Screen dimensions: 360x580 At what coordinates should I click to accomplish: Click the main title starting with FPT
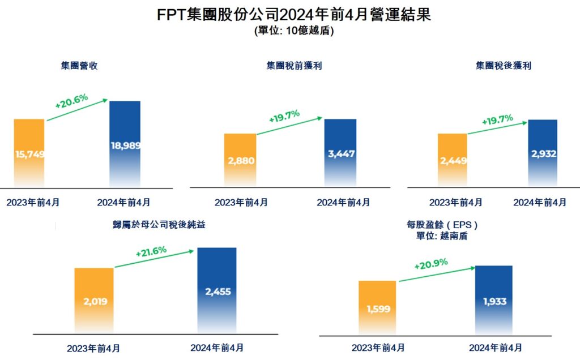(x=294, y=15)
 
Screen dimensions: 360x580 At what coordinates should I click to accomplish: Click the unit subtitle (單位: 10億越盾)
(x=294, y=31)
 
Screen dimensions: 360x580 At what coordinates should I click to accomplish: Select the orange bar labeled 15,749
(x=29, y=153)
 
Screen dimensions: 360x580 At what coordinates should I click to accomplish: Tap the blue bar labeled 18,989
(x=125, y=144)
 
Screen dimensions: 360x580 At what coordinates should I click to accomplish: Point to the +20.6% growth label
(x=71, y=101)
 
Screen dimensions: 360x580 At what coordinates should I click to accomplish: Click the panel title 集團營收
(x=79, y=66)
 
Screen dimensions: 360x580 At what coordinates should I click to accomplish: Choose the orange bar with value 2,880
(x=241, y=160)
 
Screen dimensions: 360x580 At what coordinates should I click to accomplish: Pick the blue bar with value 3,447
(x=340, y=153)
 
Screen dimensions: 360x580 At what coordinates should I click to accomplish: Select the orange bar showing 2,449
(x=452, y=160)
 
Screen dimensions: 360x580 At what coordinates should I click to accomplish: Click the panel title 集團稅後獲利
(x=504, y=66)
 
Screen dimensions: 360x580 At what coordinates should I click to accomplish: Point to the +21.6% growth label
(x=151, y=251)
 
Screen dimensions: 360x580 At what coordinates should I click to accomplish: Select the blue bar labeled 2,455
(x=216, y=291)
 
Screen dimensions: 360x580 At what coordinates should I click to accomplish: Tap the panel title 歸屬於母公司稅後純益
(x=159, y=225)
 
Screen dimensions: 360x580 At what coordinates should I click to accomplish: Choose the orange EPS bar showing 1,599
(x=377, y=308)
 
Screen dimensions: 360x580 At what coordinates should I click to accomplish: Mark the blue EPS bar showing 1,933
(x=493, y=301)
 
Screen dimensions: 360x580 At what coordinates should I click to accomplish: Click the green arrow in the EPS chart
(x=436, y=274)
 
